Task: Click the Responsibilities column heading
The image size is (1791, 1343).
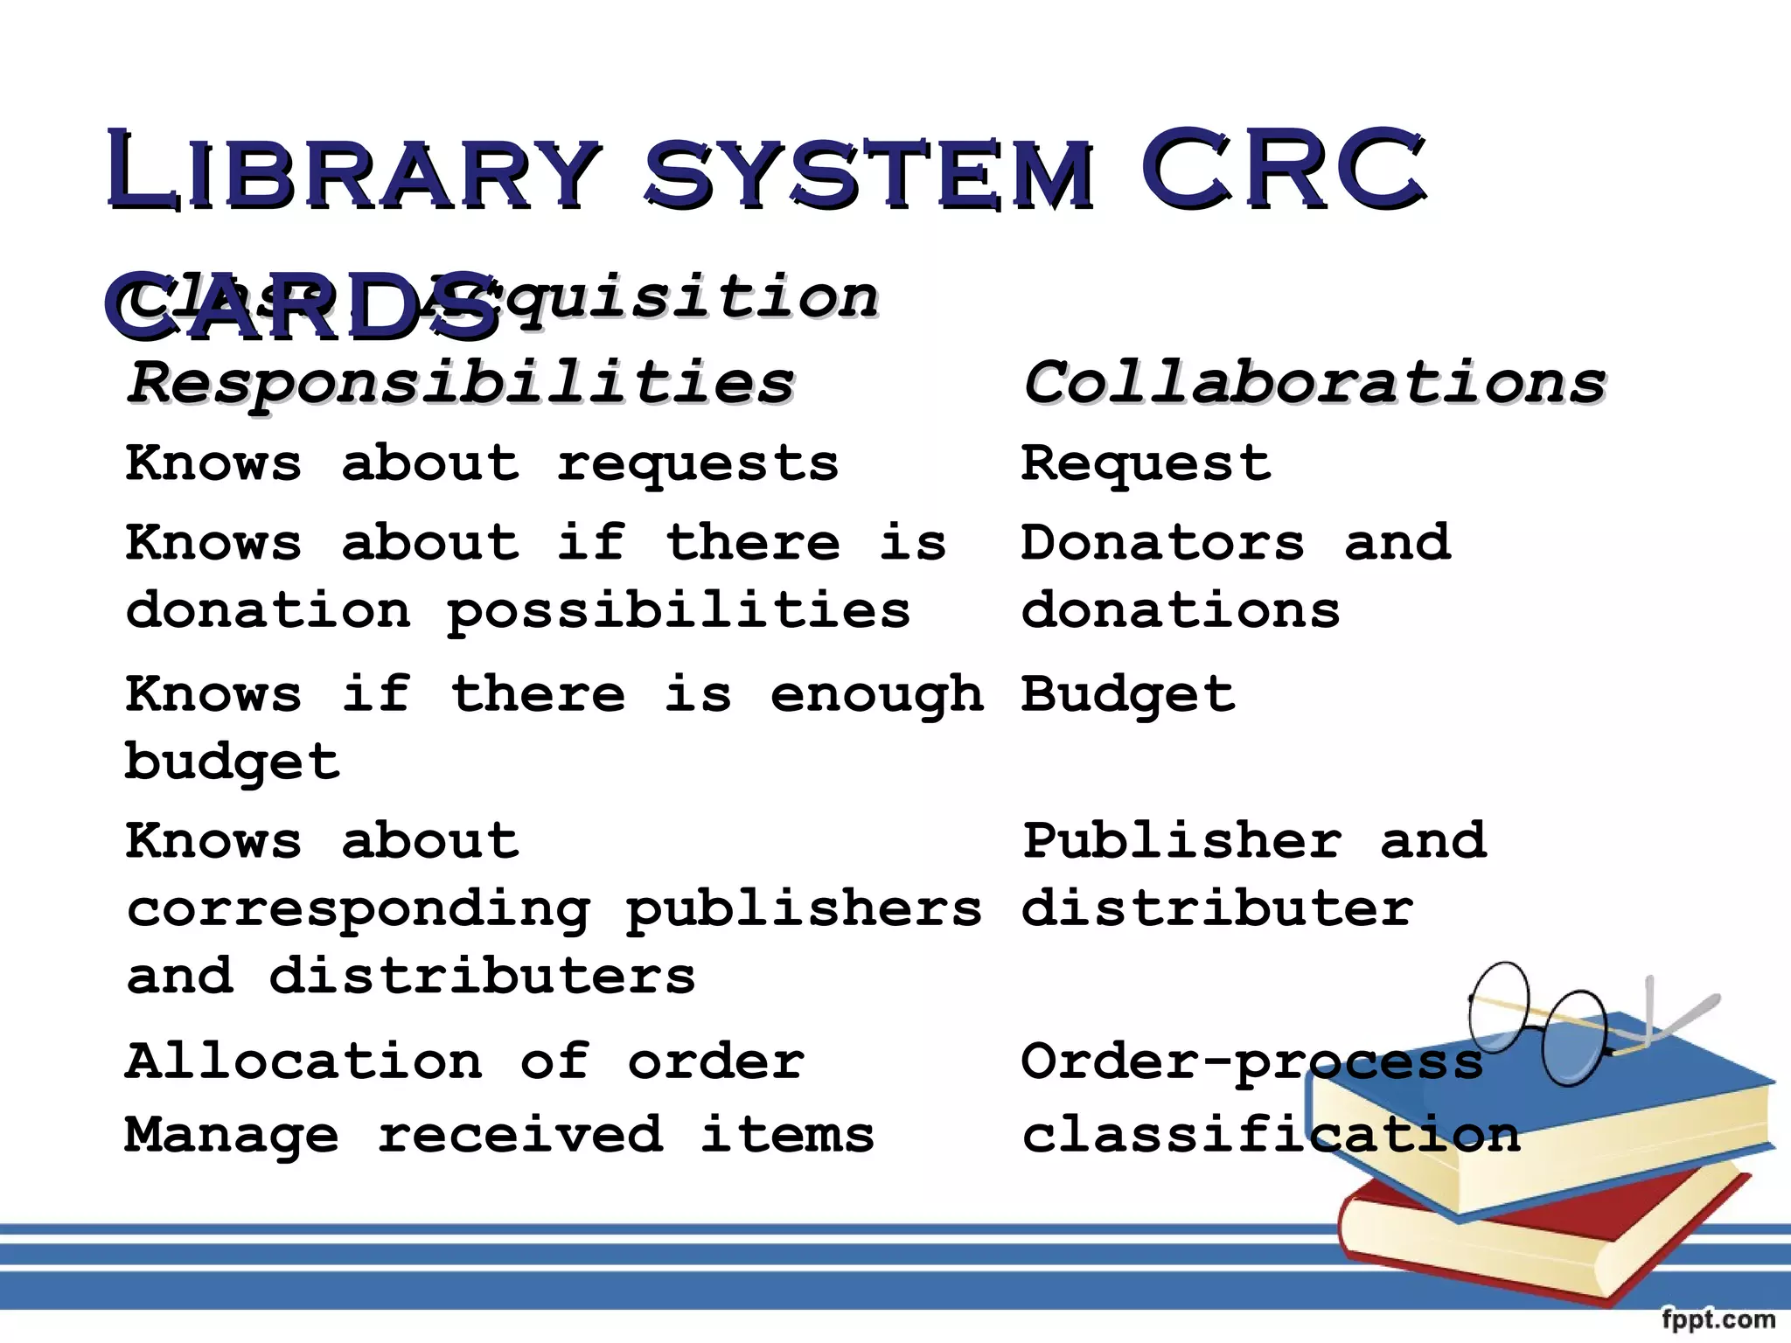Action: coord(461,383)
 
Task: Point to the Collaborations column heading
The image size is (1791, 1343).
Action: coord(1314,383)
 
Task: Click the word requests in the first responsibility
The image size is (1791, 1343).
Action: coord(697,464)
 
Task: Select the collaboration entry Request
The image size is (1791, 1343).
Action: coord(1146,464)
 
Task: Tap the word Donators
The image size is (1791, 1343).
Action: coord(1162,542)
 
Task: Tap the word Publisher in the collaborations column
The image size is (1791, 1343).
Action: coord(1181,841)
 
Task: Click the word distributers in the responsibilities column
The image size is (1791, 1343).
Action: coord(482,976)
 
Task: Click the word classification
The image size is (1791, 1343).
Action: coord(1271,1135)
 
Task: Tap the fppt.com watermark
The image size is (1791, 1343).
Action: coord(1718,1319)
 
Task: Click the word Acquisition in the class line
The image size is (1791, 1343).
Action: coord(652,297)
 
